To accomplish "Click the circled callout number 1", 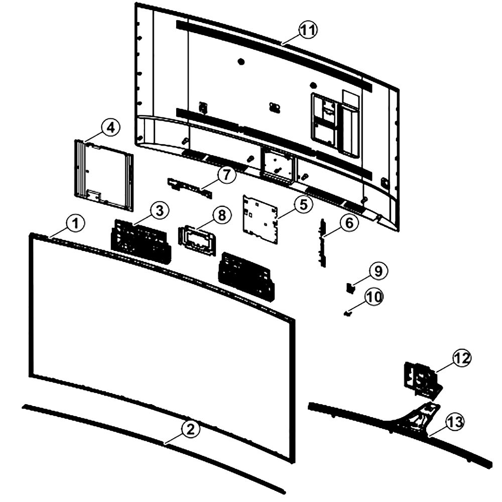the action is pyautogui.click(x=75, y=223).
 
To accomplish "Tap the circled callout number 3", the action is pyautogui.click(x=160, y=211).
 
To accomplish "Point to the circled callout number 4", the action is pyautogui.click(x=110, y=128).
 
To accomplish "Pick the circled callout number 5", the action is pyautogui.click(x=303, y=204).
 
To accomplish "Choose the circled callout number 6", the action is pyautogui.click(x=349, y=223).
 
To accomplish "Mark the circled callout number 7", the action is pyautogui.click(x=226, y=175).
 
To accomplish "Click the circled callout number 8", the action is pyautogui.click(x=222, y=215).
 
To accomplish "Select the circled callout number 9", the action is pyautogui.click(x=378, y=271).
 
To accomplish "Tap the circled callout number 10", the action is pyautogui.click(x=373, y=297).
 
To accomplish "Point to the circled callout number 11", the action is pyautogui.click(x=308, y=30).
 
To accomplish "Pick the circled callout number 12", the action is pyautogui.click(x=461, y=358).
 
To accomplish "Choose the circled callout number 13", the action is pyautogui.click(x=455, y=422).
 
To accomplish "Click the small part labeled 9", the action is pyautogui.click(x=351, y=288).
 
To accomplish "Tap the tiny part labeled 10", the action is pyautogui.click(x=347, y=313).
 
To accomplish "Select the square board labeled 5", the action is pyautogui.click(x=260, y=220).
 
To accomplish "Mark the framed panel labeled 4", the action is pyautogui.click(x=103, y=175).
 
